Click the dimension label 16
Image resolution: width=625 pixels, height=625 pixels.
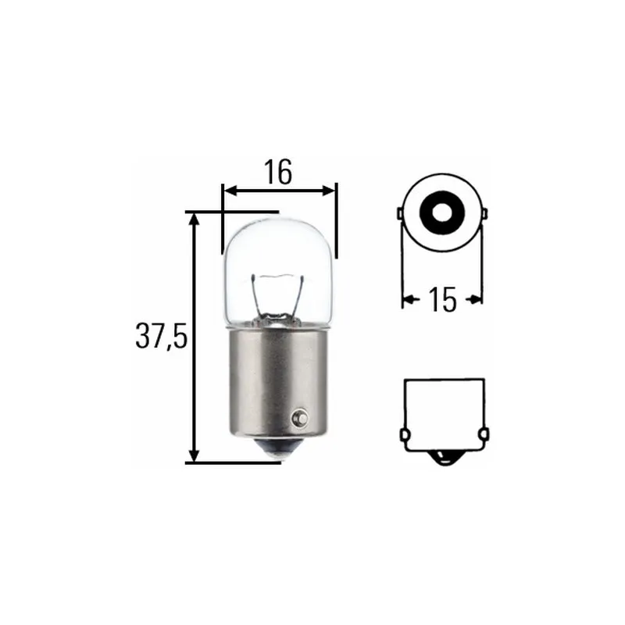(278, 173)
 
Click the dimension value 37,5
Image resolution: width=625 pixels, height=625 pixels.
(161, 336)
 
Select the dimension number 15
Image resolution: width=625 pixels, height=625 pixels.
(442, 299)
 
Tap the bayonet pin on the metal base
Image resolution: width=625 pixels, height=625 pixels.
(299, 418)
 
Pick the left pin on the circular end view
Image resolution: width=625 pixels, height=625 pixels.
(399, 214)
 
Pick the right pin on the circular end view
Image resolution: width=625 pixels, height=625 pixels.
(484, 214)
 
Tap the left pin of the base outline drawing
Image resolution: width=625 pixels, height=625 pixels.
(404, 434)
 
